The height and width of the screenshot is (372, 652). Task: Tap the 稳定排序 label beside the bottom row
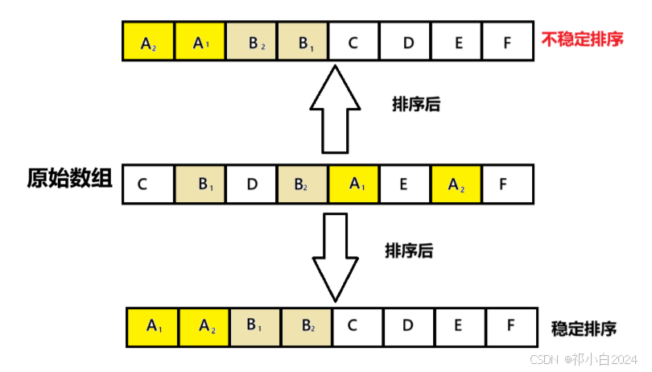pyautogui.click(x=584, y=329)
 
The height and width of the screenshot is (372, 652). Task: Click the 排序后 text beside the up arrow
pyautogui.click(x=415, y=105)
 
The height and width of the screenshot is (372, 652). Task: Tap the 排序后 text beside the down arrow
pyautogui.click(x=409, y=250)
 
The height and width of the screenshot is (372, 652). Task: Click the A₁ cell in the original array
pyautogui.click(x=353, y=184)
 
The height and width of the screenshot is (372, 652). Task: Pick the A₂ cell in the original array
pyautogui.click(x=456, y=184)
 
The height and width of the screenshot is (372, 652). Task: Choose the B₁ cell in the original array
pyautogui.click(x=200, y=184)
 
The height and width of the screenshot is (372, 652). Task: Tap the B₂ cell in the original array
pyautogui.click(x=303, y=184)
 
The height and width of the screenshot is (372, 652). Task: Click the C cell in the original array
pyautogui.click(x=148, y=184)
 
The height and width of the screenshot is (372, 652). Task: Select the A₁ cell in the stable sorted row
pyautogui.click(x=153, y=327)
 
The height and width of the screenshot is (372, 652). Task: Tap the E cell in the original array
pyautogui.click(x=405, y=184)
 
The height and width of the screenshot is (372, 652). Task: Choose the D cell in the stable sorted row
pyautogui.click(x=408, y=327)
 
